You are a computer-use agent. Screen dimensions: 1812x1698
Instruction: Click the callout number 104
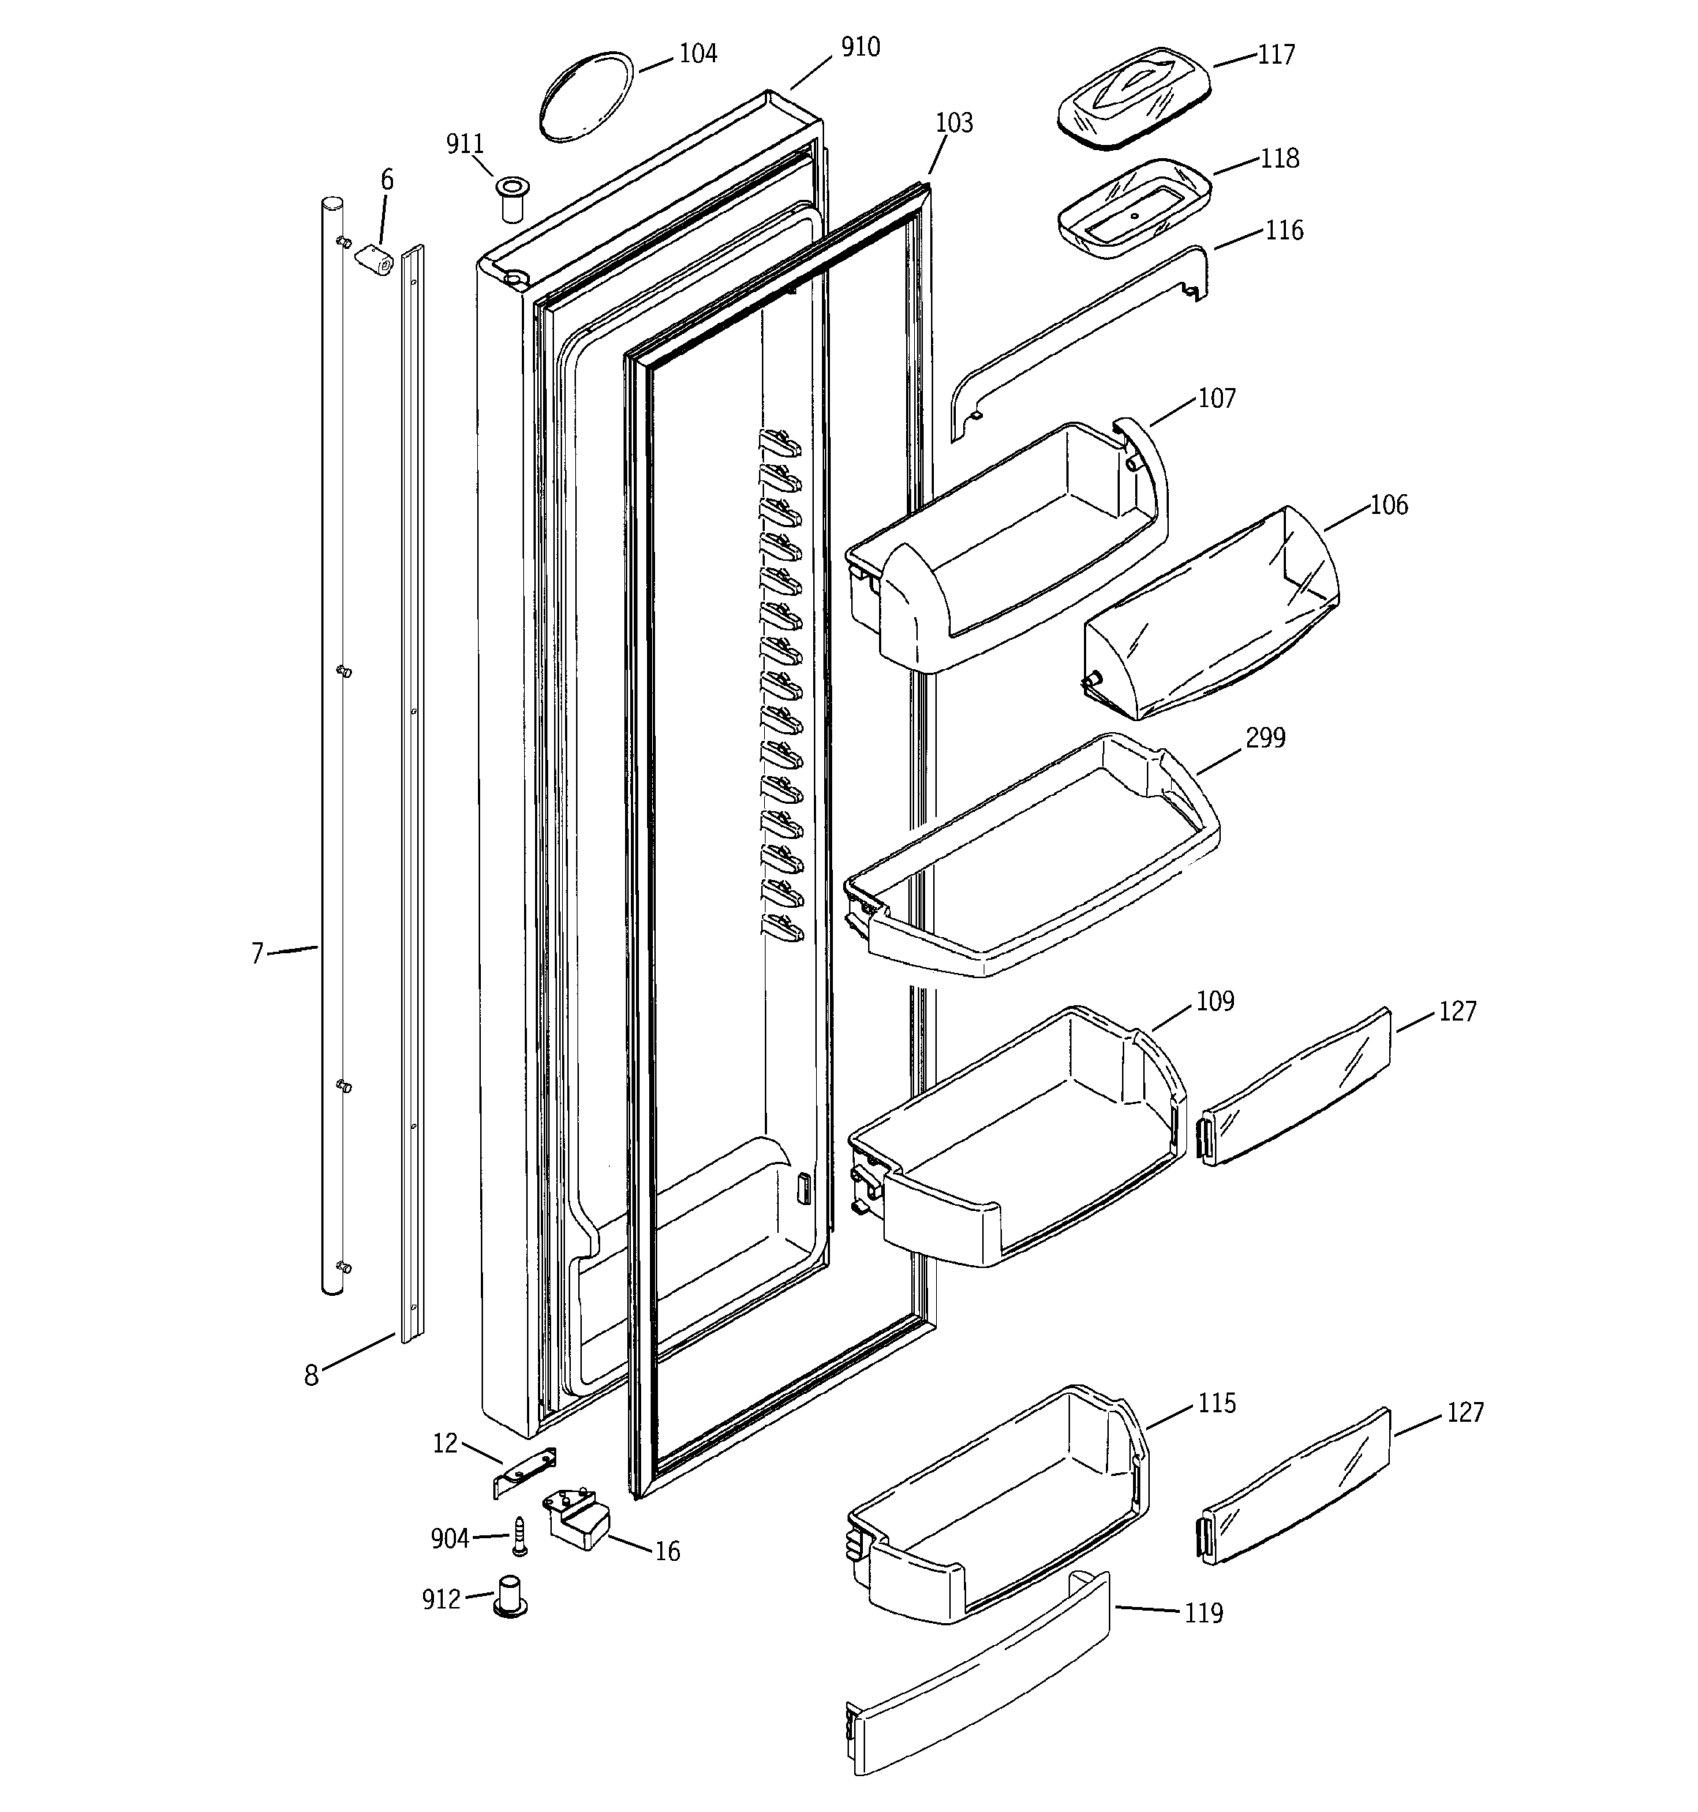point(698,53)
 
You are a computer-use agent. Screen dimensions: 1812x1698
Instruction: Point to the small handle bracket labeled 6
point(372,259)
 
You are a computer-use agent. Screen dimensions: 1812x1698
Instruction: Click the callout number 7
point(258,953)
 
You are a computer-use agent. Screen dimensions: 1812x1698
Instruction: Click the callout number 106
point(1388,505)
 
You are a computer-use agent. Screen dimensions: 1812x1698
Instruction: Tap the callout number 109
point(1215,1001)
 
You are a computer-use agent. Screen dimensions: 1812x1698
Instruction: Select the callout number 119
point(1203,1614)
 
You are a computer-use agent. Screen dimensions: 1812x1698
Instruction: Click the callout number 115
point(1216,1403)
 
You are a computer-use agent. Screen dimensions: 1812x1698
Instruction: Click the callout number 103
point(954,122)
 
